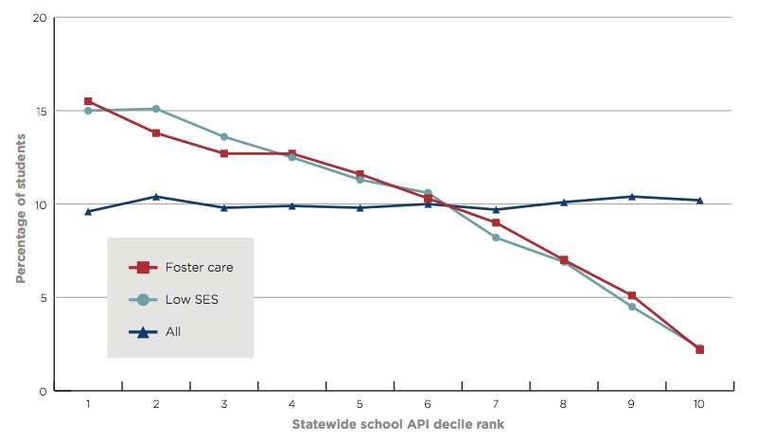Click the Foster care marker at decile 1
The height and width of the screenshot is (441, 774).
coord(88,101)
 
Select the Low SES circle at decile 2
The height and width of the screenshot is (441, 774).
coord(156,109)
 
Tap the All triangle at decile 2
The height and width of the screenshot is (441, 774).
coord(156,196)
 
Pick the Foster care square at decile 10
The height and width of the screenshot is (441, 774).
coord(699,349)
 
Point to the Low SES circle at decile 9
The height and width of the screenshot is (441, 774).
coord(631,306)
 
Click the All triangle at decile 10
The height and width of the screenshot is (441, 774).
coord(699,200)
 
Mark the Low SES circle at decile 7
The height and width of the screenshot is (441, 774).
coord(495,238)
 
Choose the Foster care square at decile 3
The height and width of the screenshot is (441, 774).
coord(224,153)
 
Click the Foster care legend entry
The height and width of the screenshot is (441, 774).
coord(181,267)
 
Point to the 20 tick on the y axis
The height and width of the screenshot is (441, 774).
coord(40,18)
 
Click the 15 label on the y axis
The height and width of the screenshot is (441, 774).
coord(40,111)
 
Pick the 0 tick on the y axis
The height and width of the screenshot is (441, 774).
coord(43,391)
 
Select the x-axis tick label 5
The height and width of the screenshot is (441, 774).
coord(361,404)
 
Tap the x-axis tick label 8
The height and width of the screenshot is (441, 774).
coord(563,404)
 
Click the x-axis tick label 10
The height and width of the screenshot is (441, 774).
coord(699,404)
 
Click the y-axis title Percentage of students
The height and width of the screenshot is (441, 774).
coord(20,204)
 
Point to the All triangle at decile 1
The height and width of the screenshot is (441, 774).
coord(88,211)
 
